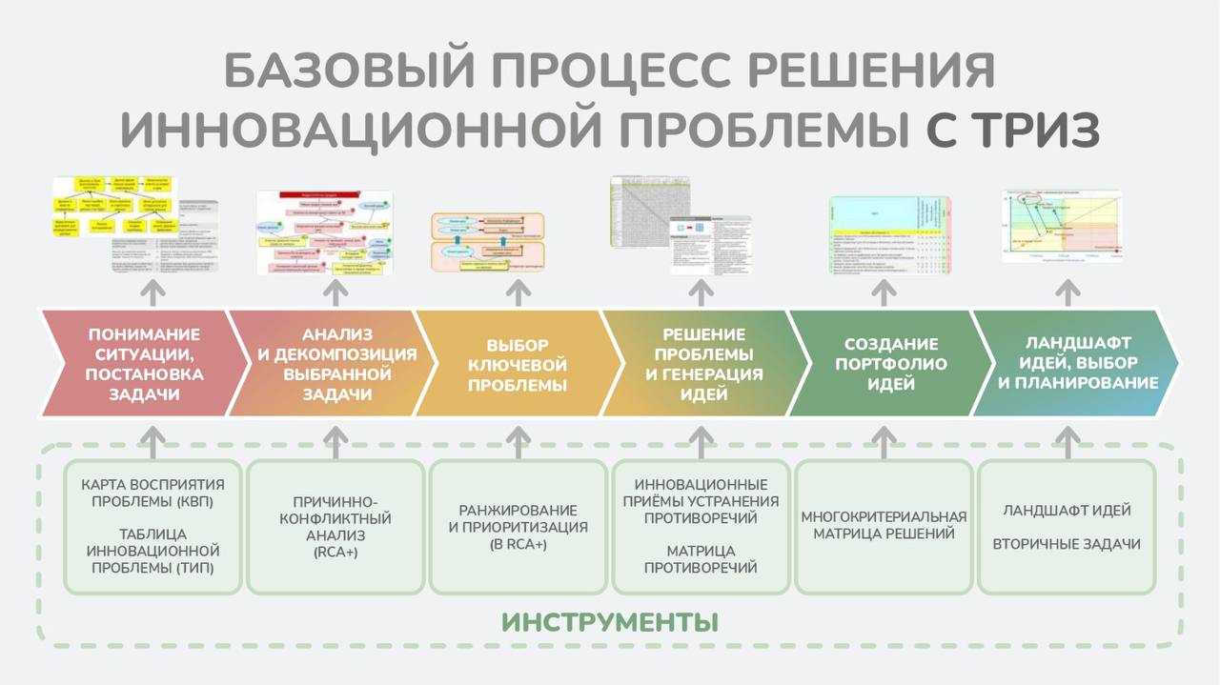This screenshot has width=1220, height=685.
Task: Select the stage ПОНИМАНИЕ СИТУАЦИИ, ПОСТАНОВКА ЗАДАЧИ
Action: (x=143, y=363)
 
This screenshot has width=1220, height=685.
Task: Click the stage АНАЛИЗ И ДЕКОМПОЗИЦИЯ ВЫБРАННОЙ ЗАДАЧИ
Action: (x=337, y=363)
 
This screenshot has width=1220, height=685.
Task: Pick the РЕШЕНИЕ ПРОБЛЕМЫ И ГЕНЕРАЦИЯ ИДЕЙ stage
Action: (x=703, y=363)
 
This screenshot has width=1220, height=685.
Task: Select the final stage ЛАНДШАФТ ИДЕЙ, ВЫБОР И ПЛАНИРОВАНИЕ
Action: (x=1077, y=363)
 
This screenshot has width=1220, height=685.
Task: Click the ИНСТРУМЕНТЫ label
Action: (x=610, y=623)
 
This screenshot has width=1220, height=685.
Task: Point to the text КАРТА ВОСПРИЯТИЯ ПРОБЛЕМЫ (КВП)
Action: (x=152, y=494)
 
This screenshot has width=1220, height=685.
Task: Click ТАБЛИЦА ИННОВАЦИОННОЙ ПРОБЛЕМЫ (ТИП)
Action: (x=152, y=551)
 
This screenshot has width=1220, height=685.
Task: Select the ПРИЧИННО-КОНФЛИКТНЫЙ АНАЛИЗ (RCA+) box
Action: (x=335, y=527)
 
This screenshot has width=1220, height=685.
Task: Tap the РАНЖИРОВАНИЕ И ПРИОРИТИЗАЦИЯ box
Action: (x=518, y=527)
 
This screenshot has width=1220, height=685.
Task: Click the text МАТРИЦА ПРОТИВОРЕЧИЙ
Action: (x=701, y=559)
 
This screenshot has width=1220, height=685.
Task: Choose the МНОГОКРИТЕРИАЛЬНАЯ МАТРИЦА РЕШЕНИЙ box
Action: (x=884, y=525)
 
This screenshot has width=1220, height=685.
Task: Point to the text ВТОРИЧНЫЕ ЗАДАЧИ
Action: (x=1067, y=544)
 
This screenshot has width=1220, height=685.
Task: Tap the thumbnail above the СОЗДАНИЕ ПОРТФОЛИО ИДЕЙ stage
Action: (x=889, y=233)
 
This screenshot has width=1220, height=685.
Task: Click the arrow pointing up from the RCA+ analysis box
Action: (x=335, y=439)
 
